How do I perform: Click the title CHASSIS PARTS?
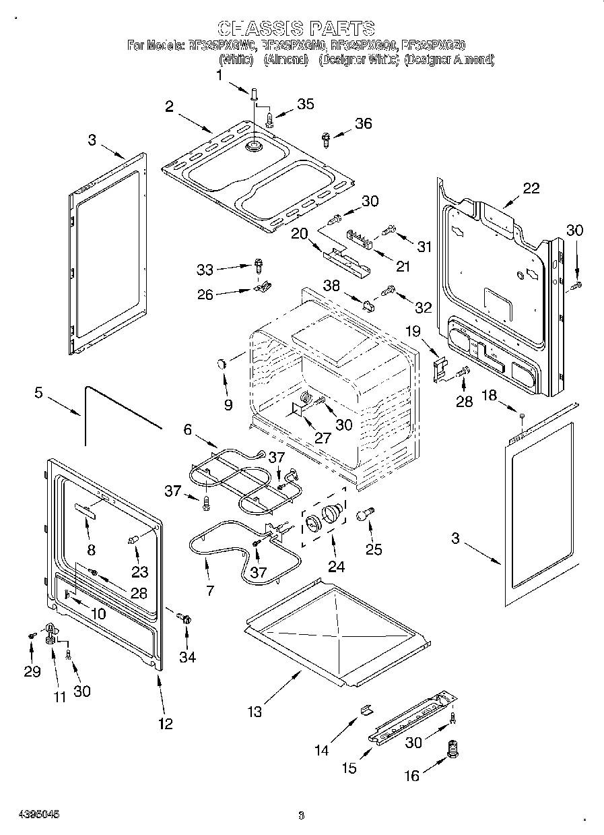tap(296, 28)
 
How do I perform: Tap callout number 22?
tap(531, 188)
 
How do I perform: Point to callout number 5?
tap(39, 392)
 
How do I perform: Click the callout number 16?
tap(411, 776)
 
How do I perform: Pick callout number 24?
tap(336, 567)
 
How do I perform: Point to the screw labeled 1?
tap(255, 94)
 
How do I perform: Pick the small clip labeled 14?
tap(366, 709)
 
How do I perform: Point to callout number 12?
tap(165, 724)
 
